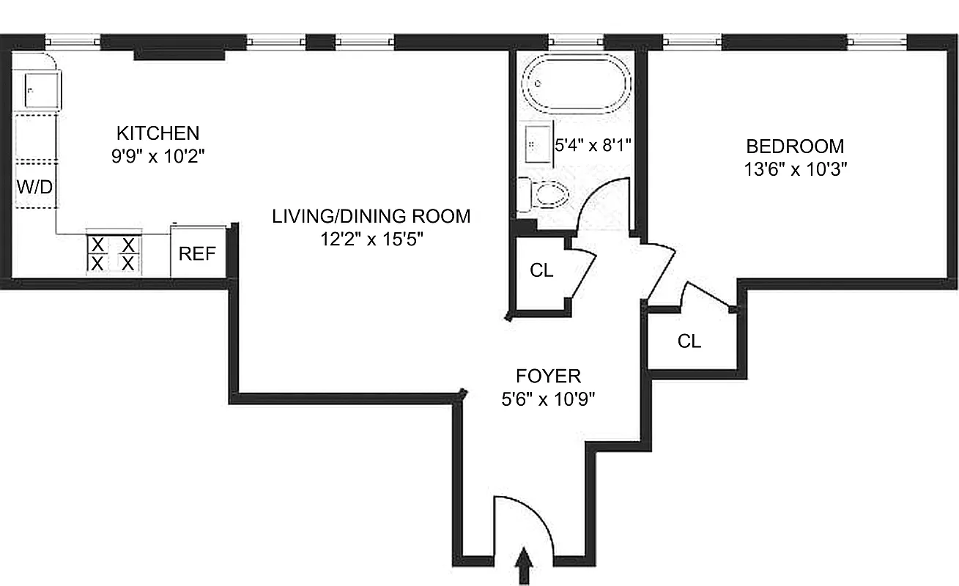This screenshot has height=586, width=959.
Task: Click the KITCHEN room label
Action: point(158,133)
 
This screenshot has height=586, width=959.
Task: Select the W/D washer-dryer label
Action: point(35,187)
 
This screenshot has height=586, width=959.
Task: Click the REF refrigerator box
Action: point(198,253)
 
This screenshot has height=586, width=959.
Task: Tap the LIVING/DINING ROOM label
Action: point(371,216)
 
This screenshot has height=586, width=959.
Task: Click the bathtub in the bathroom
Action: point(577,84)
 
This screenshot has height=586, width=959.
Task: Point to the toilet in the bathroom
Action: point(546,194)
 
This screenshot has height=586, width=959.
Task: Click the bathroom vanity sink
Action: point(538,144)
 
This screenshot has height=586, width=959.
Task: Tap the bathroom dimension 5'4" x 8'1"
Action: point(593,145)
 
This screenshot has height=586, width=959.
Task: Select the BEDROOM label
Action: point(794,145)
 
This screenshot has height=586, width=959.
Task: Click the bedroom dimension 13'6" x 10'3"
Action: point(794,168)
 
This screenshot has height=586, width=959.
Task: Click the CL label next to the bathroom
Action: point(541,270)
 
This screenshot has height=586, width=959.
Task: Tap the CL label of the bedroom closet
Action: point(689,341)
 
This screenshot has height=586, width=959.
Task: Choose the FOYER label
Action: point(548,377)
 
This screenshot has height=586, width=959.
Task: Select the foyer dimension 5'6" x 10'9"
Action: point(548,400)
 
